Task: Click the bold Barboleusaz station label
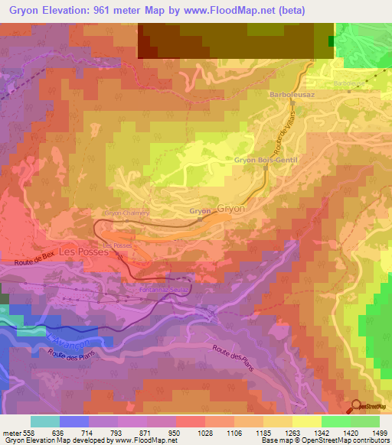tap(288, 94)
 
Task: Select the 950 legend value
tap(176, 432)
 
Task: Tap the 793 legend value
tap(116, 432)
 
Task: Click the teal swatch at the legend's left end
tap(45, 421)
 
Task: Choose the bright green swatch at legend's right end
tap(365, 421)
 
